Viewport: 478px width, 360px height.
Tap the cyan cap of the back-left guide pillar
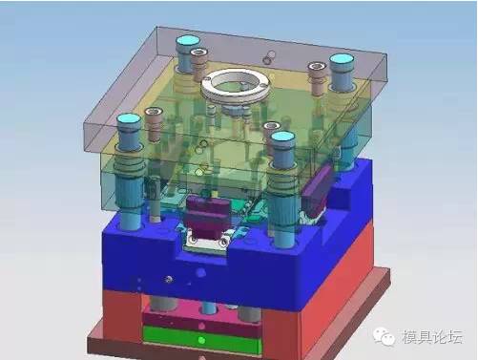[x=188, y=40]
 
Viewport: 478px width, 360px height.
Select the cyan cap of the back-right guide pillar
[x=342, y=59]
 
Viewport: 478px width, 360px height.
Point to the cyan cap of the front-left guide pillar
[x=129, y=119]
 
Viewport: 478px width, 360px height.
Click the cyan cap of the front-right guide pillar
[x=282, y=137]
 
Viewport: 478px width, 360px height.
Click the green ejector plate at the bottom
[x=202, y=340]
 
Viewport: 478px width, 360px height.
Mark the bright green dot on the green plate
[x=201, y=340]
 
